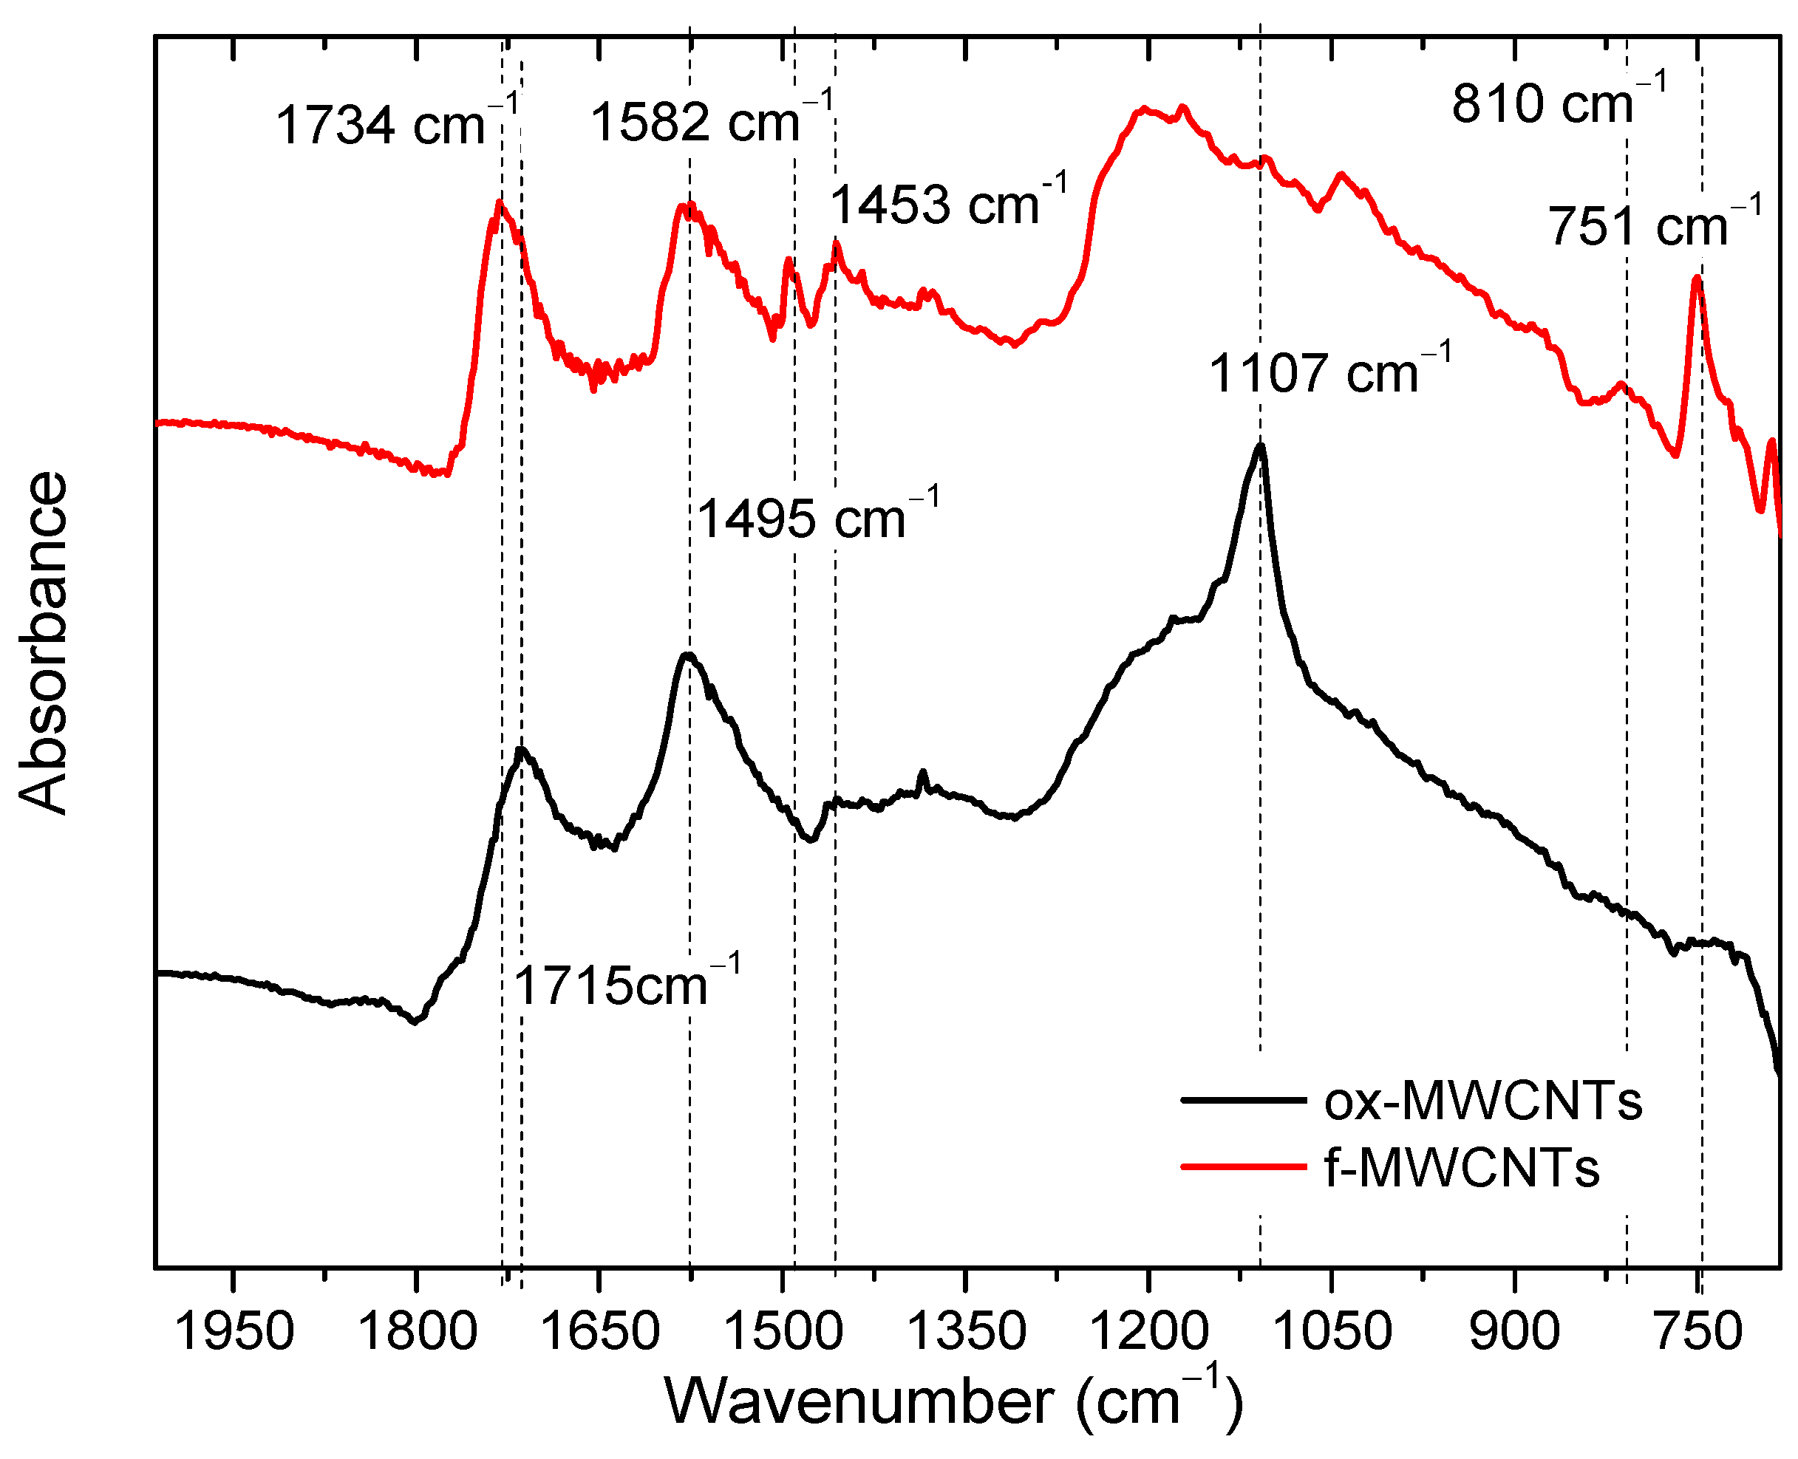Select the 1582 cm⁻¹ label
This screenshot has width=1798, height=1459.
click(x=711, y=120)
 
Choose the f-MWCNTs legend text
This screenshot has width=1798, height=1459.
click(x=1462, y=1167)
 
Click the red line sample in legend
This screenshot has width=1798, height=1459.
click(x=1244, y=1166)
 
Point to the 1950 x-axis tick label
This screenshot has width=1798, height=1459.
click(x=234, y=1332)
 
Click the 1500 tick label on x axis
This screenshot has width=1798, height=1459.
click(x=782, y=1332)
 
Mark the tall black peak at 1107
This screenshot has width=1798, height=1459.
click(x=1259, y=446)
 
